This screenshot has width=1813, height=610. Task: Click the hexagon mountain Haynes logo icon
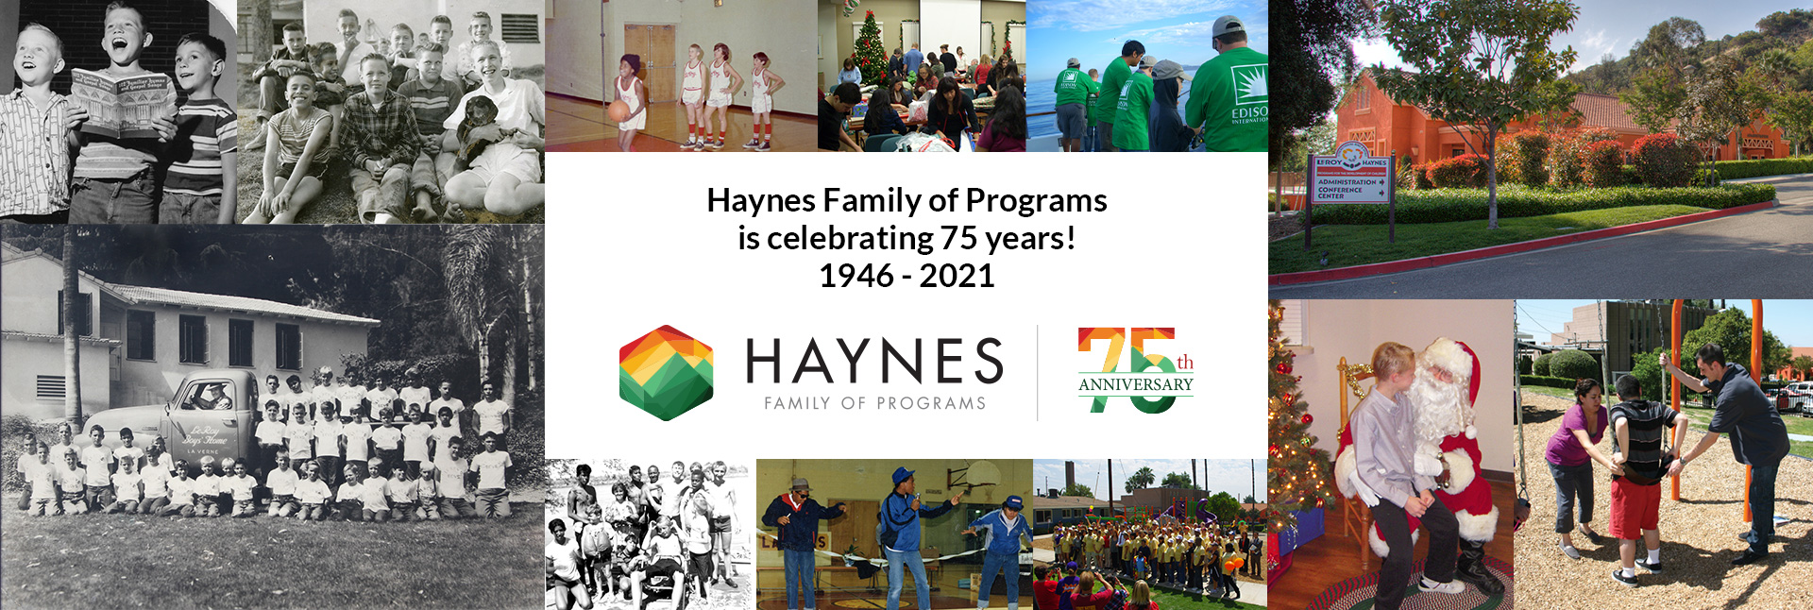point(666,373)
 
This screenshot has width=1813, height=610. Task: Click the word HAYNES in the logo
point(873,361)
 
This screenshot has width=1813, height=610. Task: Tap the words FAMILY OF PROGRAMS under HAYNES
point(874,403)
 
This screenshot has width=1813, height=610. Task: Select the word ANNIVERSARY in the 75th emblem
point(1135,384)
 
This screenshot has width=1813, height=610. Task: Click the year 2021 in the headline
point(957,276)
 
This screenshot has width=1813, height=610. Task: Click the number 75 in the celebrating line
point(958,238)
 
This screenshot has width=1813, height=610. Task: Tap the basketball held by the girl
point(619,110)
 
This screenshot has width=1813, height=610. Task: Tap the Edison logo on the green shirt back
point(1248,94)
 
